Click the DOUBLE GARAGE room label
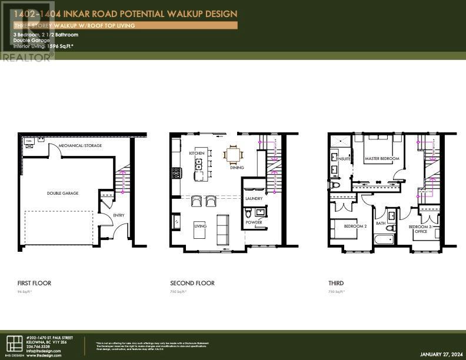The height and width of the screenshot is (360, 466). tap(63, 193)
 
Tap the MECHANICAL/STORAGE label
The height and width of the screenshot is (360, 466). tap(80, 145)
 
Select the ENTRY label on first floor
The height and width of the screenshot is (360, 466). tap(119, 215)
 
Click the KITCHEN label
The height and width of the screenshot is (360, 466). tap(197, 153)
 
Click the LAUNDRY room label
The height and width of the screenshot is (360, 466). tap(254, 199)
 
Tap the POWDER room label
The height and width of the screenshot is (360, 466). tap(254, 222)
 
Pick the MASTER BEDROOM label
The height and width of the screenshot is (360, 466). tap(382, 159)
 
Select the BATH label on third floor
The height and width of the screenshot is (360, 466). tap(381, 223)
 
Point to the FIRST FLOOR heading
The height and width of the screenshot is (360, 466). tap(34, 283)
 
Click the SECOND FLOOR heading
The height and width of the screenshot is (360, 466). tap(192, 283)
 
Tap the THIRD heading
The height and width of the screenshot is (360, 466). tap(336, 283)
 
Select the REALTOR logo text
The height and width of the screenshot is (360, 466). tap(26, 57)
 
